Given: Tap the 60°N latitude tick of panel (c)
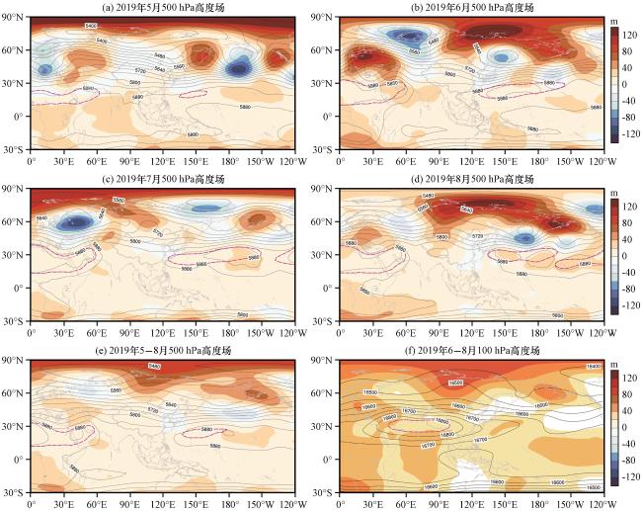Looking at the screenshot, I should click(16, 222).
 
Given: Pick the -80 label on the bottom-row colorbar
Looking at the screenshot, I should click(623, 461).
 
